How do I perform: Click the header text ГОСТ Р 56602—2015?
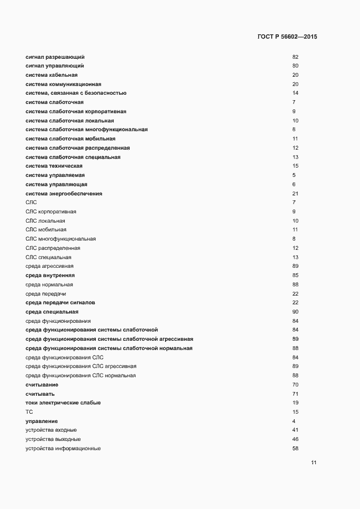pos(287,37)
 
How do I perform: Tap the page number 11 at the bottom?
pos(314,463)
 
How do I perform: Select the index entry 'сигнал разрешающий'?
pos(55,57)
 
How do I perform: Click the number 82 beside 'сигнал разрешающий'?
pos(295,57)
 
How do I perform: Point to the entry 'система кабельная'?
pos(52,75)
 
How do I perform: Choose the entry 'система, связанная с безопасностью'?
pos(76,93)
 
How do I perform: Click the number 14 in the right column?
pos(295,93)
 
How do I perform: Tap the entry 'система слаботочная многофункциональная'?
pos(87,130)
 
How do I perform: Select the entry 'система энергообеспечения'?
pos(64,194)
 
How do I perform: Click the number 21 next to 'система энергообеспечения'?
pos(295,194)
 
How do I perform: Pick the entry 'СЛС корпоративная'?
pos(51,211)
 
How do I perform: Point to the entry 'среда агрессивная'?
pos(50,266)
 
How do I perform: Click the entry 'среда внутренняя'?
pos(50,275)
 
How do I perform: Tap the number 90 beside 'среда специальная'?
pos(295,312)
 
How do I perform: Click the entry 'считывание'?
pos(42,385)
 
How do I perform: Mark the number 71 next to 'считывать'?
pos(295,394)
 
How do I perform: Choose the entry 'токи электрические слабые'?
pos(63,403)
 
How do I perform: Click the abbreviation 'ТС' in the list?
pos(29,412)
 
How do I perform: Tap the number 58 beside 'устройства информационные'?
pos(295,449)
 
